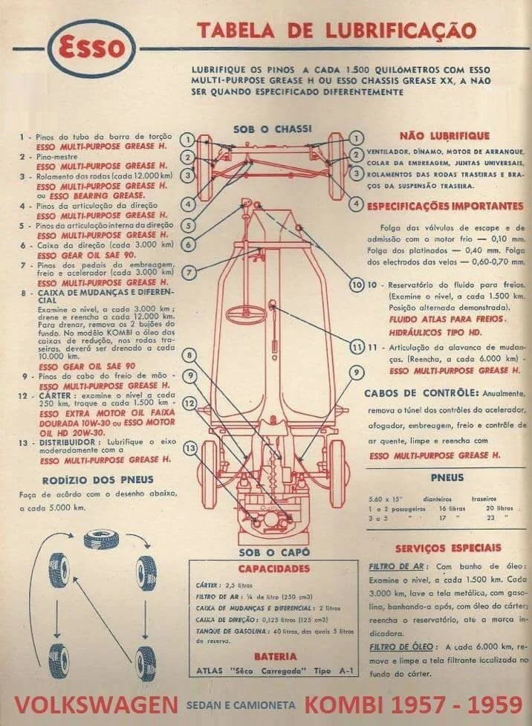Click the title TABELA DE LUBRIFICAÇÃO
336,30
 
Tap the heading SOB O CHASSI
272,129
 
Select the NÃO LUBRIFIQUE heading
444,135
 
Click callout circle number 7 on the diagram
190,273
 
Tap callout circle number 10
357,285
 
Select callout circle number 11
357,346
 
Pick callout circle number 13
191,448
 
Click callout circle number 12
190,403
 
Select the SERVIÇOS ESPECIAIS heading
447,548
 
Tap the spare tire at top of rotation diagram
102,537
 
